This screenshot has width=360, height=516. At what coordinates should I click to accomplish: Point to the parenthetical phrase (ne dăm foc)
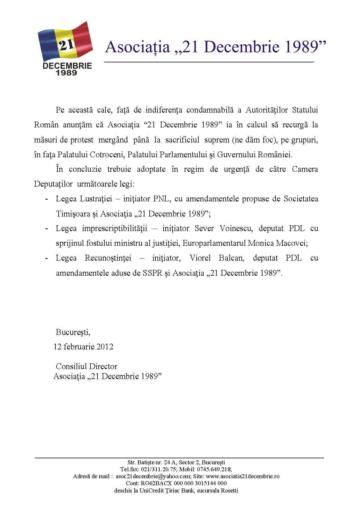[x=253, y=140]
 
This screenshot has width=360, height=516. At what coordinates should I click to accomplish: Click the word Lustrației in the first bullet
[x=96, y=199]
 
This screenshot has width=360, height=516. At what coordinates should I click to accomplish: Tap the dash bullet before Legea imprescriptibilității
[x=46, y=229]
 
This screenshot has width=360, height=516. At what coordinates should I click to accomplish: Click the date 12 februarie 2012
[x=84, y=347]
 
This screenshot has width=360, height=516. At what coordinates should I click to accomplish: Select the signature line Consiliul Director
[x=86, y=366]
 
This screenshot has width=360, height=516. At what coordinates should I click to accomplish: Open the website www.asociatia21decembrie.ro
[x=243, y=476]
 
